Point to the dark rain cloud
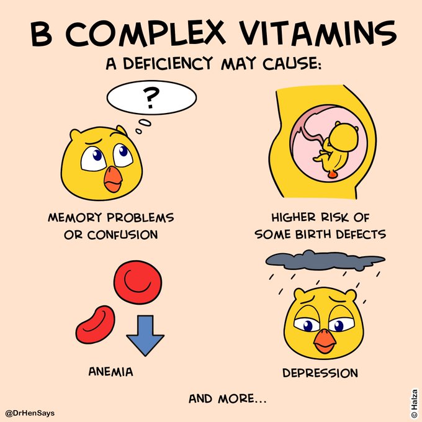pyautogui.click(x=323, y=257)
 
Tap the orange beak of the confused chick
pyautogui.click(x=112, y=179)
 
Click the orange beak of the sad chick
pyautogui.click(x=325, y=338)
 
